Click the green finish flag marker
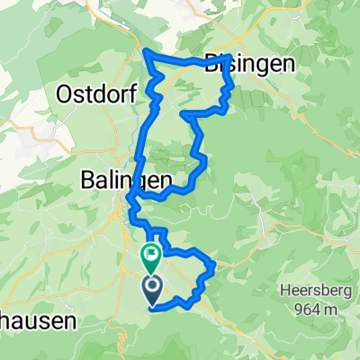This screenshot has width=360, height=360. (149, 256)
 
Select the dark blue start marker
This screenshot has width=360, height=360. (149, 290)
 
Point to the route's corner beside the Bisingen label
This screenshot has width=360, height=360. (231, 58)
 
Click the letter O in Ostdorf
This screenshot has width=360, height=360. (65, 93)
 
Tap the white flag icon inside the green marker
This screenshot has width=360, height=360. (149, 253)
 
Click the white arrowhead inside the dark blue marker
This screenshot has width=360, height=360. (149, 288)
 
